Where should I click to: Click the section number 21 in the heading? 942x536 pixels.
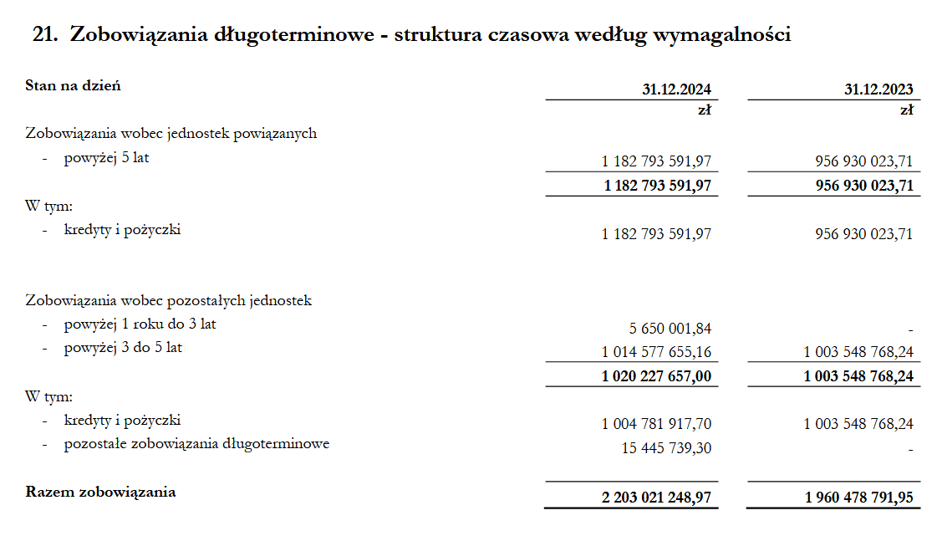click(x=43, y=35)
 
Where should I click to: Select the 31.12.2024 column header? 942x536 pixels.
click(x=677, y=89)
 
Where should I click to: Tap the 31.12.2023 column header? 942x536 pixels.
click(x=878, y=89)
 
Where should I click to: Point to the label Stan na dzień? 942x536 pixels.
click(x=74, y=85)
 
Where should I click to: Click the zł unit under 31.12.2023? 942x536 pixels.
click(x=906, y=110)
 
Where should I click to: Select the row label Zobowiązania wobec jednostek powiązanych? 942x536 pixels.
click(x=171, y=133)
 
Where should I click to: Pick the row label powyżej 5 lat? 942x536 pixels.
click(x=106, y=157)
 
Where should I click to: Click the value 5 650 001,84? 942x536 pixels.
click(x=670, y=329)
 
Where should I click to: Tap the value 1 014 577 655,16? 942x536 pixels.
click(x=656, y=352)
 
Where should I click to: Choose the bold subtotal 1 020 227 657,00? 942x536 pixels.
click(x=656, y=376)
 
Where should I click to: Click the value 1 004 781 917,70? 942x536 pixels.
click(x=656, y=424)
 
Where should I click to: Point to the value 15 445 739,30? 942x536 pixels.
click(x=666, y=448)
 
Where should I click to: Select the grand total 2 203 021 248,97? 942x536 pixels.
click(x=656, y=498)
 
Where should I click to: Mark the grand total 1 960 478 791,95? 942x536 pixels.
click(x=859, y=498)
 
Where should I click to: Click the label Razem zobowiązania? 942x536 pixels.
click(x=101, y=492)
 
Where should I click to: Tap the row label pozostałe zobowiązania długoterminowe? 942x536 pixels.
click(x=196, y=444)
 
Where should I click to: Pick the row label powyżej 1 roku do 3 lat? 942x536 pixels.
click(x=140, y=324)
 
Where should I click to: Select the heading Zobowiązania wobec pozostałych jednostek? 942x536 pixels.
click(x=169, y=300)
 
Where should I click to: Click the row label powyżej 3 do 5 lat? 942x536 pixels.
click(x=123, y=347)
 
